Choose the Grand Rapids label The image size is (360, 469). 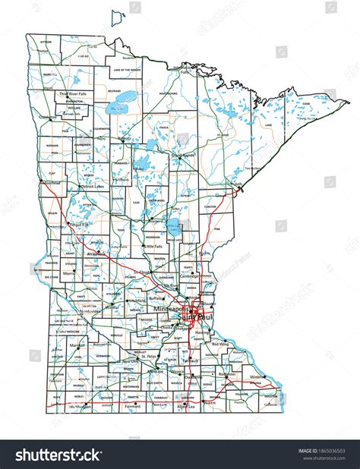185,155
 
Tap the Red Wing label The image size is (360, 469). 220,344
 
